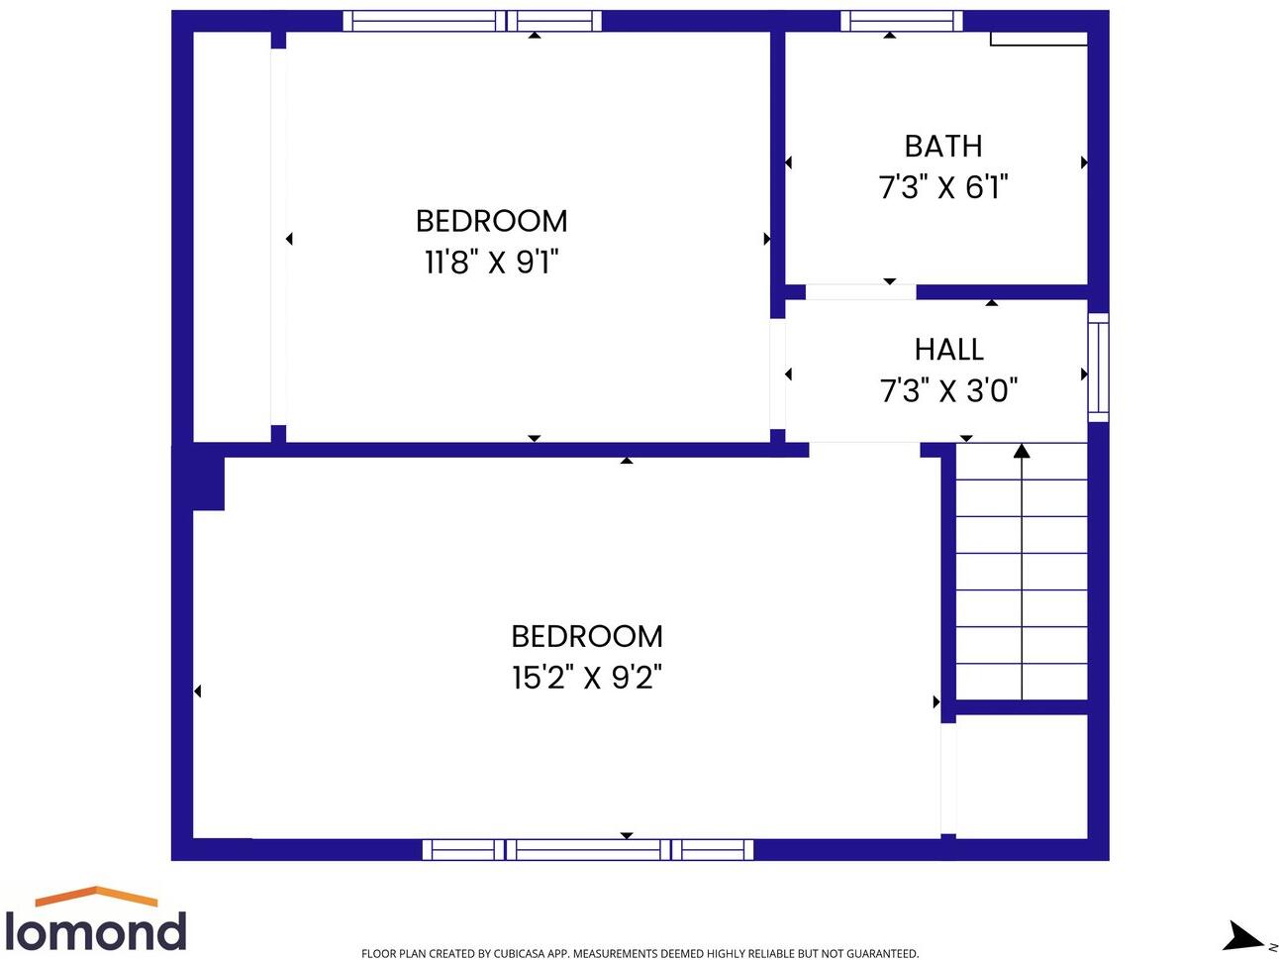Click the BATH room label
942,147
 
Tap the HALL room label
948,350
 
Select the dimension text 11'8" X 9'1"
492,263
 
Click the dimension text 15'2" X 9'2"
586,678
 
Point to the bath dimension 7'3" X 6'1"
942,187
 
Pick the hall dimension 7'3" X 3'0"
948,391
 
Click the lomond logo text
95,932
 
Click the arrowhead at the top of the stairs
1022,452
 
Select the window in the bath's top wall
901,21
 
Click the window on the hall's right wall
1098,368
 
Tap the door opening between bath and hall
860,292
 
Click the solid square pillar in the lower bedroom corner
208,483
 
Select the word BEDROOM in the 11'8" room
491,221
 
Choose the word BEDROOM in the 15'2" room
586,636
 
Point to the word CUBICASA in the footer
519,954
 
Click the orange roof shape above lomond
96,896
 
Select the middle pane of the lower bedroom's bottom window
588,849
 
